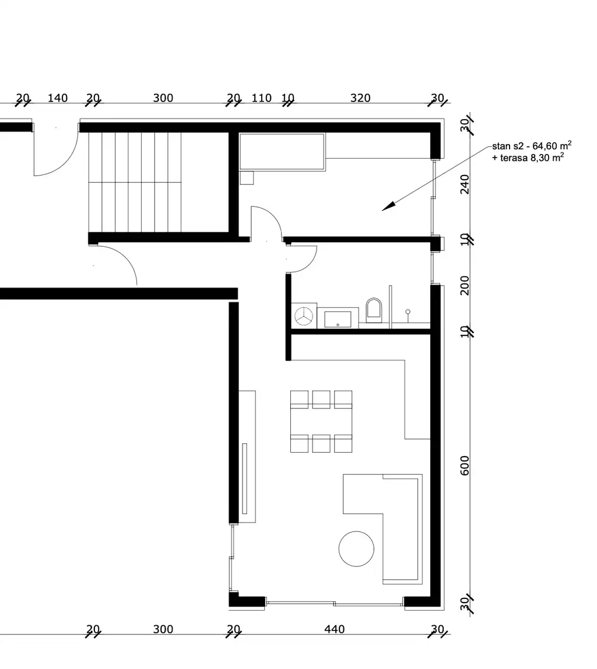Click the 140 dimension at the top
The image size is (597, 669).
(x=57, y=97)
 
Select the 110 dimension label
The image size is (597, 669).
(x=261, y=97)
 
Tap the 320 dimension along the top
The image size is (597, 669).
(x=360, y=97)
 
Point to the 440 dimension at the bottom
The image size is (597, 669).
(x=335, y=629)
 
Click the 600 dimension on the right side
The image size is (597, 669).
(x=465, y=465)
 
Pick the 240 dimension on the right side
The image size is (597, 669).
(x=465, y=184)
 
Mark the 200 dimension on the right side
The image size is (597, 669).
(x=465, y=286)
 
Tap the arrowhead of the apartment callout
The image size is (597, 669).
(x=387, y=206)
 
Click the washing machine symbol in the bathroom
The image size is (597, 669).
(x=304, y=316)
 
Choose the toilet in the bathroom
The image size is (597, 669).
(x=374, y=310)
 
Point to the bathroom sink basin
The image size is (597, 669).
(x=338, y=318)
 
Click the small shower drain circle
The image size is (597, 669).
(x=408, y=312)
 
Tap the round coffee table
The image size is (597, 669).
(x=356, y=548)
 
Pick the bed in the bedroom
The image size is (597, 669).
(x=282, y=152)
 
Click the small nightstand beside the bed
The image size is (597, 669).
(x=247, y=177)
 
